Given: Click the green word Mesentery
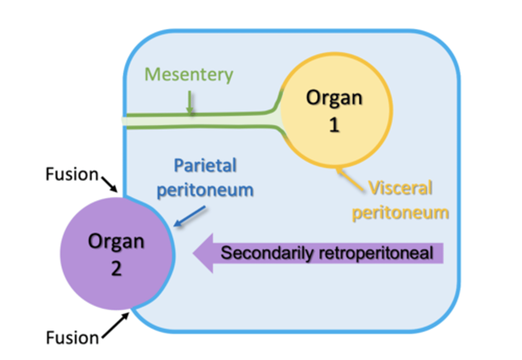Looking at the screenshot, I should pyautogui.click(x=188, y=75).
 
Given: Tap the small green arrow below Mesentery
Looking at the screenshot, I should pyautogui.click(x=189, y=103).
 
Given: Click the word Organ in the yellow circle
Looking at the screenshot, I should pyautogui.click(x=334, y=98).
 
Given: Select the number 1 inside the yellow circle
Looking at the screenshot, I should pyautogui.click(x=334, y=125).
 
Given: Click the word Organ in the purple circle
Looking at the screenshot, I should pyautogui.click(x=116, y=241).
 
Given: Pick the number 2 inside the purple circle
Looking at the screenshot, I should pyautogui.click(x=116, y=269).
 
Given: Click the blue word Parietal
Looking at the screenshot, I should pyautogui.click(x=205, y=166).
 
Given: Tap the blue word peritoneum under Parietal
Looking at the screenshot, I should pyautogui.click(x=205, y=190).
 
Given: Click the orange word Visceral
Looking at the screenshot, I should pyautogui.click(x=400, y=188).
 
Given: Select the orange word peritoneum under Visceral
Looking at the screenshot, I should pyautogui.click(x=400, y=212).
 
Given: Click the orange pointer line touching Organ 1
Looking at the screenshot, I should pyautogui.click(x=349, y=179).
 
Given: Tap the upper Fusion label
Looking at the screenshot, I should pyautogui.click(x=72, y=174).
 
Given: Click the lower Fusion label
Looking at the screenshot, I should pyautogui.click(x=72, y=338).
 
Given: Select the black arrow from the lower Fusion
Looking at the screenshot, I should pyautogui.click(x=115, y=326).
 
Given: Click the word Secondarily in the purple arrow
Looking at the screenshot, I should pyautogui.click(x=266, y=253).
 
